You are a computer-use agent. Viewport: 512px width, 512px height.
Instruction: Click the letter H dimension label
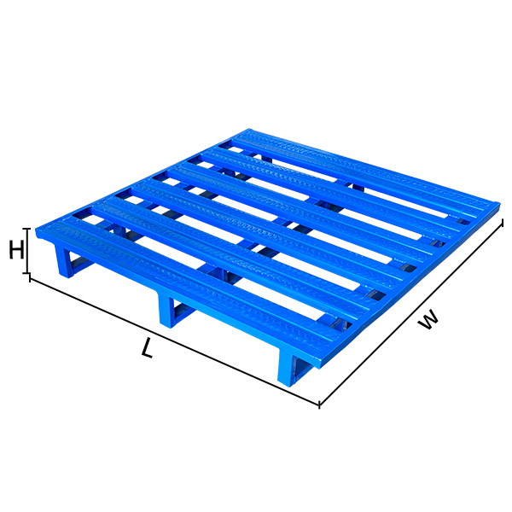tap(15, 251)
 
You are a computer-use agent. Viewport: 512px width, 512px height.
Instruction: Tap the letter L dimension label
tap(148, 348)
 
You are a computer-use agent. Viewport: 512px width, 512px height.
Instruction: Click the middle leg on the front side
tap(167, 311)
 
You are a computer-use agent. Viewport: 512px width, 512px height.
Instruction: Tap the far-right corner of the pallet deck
tap(499, 205)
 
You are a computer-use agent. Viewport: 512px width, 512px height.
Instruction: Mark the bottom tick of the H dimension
tap(30, 276)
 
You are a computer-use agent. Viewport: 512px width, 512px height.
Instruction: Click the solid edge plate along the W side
tap(410, 282)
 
